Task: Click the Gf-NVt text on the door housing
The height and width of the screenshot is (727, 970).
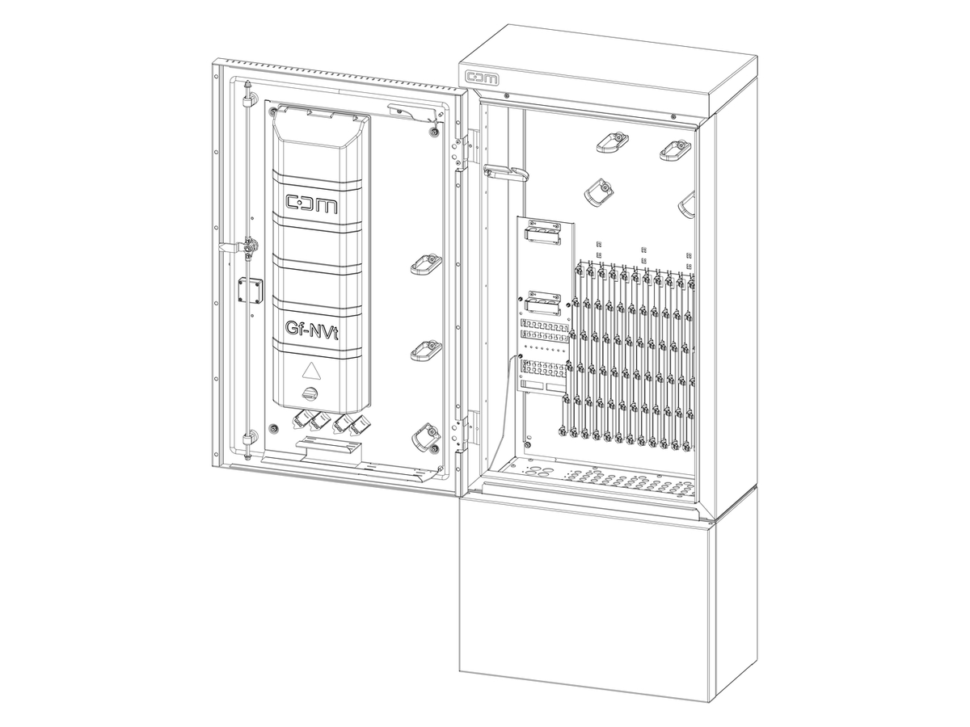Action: point(310,329)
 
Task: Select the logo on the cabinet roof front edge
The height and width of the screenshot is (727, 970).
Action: point(482,78)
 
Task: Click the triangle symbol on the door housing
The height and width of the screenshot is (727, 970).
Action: point(310,371)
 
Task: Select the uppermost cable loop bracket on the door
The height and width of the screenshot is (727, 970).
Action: point(424,264)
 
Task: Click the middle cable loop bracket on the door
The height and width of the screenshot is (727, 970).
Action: point(424,350)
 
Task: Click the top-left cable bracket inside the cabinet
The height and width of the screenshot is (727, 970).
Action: point(613,142)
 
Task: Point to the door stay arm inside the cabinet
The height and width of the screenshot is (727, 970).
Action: point(504,170)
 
